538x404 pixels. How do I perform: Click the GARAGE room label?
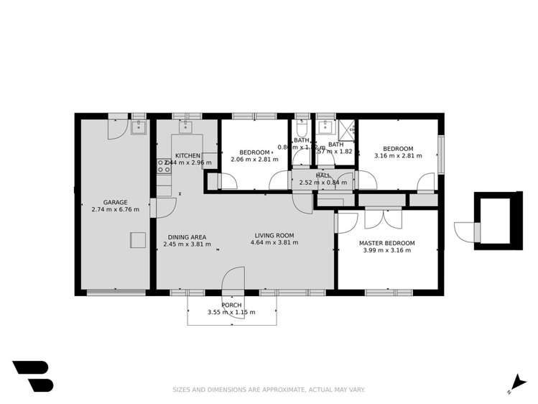pyautogui.click(x=115, y=202)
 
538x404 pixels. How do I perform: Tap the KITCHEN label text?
pyautogui.click(x=187, y=155)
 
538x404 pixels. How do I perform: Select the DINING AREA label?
pyautogui.click(x=187, y=237)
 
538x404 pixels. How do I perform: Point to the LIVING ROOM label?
pyautogui.click(x=274, y=235)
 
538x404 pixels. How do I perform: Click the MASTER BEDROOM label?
pyautogui.click(x=386, y=243)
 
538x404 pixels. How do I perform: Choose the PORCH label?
pyautogui.click(x=231, y=305)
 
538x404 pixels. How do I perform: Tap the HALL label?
pyautogui.click(x=323, y=175)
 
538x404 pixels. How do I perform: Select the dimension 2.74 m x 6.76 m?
pyautogui.click(x=115, y=210)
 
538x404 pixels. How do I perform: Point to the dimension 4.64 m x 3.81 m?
pyautogui.click(x=274, y=243)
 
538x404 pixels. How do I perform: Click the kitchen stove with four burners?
pyautogui.click(x=164, y=166)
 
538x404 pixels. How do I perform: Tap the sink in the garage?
pyautogui.click(x=139, y=128)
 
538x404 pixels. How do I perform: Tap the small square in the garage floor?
pyautogui.click(x=137, y=240)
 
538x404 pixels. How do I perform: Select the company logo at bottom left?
pyautogui.click(x=32, y=376)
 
